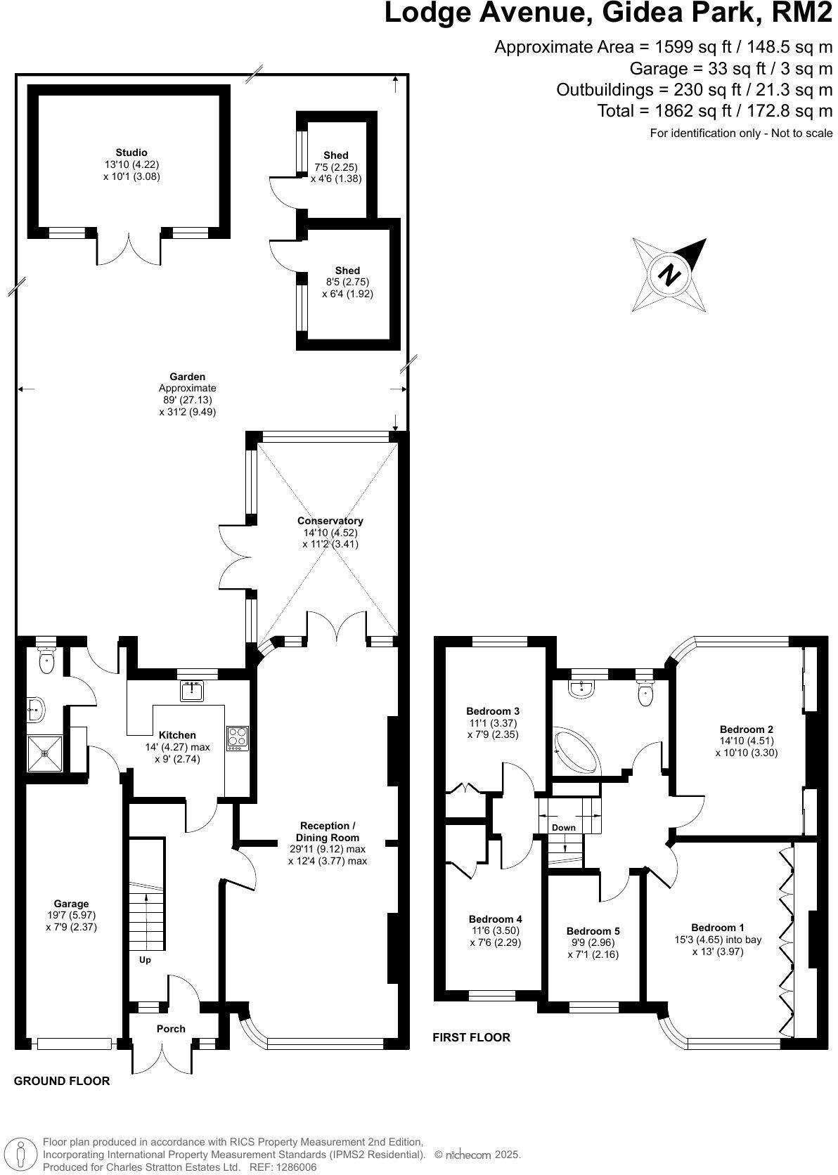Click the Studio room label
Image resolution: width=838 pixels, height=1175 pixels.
coord(131,152)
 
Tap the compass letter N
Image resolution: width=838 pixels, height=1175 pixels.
coord(670,275)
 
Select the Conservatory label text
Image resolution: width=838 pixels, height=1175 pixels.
coord(330,521)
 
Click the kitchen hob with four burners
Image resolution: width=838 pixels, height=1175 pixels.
coord(238,738)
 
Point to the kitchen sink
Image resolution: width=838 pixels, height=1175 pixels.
coord(191,691)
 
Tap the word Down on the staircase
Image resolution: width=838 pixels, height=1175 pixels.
coord(563,827)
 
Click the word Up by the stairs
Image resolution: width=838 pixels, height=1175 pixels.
coord(145,959)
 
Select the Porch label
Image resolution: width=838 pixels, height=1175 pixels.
coord(171,1028)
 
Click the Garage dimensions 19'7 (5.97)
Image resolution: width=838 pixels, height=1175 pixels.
coord(72,915)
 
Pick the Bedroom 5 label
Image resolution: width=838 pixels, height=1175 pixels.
coord(593,931)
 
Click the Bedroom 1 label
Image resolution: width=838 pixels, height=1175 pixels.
coord(717,928)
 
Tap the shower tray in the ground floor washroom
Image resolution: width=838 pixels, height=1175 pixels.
coord(45,753)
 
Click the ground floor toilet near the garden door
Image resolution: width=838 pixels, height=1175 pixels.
coord(46,662)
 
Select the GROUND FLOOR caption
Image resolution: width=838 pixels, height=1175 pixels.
coord(62,1081)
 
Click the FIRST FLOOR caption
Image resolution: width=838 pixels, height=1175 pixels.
coord(471,1037)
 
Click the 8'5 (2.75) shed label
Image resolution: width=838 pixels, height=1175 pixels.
coord(347,282)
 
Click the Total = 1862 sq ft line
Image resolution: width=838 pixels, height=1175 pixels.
coord(714,110)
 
